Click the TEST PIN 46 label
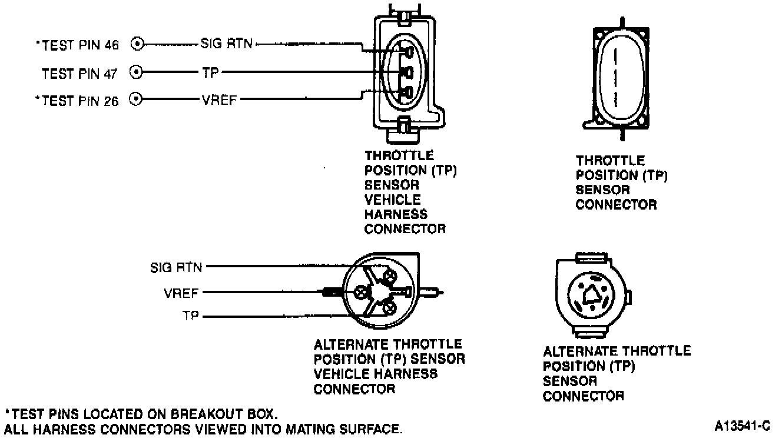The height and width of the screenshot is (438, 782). [x=78, y=45]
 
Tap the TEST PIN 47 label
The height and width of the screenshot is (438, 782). [x=79, y=74]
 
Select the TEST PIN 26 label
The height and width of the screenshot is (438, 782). [x=77, y=101]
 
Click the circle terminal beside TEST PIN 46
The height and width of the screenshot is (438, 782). [x=137, y=44]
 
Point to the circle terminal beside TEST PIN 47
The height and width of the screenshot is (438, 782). [x=136, y=72]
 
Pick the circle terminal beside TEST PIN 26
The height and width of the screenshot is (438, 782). [x=136, y=99]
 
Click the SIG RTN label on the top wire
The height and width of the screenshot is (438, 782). [x=227, y=44]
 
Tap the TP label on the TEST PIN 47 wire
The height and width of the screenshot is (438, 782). [x=210, y=72]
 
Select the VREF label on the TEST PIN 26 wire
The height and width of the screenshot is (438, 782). [x=220, y=100]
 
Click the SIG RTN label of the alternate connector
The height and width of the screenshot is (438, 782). [x=176, y=268]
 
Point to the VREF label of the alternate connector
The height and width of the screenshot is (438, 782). [x=181, y=293]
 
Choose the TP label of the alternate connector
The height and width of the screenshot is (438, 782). [x=191, y=316]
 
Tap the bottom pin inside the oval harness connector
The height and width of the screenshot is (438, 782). [x=407, y=92]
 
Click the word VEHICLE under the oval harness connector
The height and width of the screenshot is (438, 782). [x=393, y=200]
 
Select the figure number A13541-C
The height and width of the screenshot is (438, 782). [x=742, y=426]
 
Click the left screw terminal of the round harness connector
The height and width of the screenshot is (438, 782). [x=360, y=292]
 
